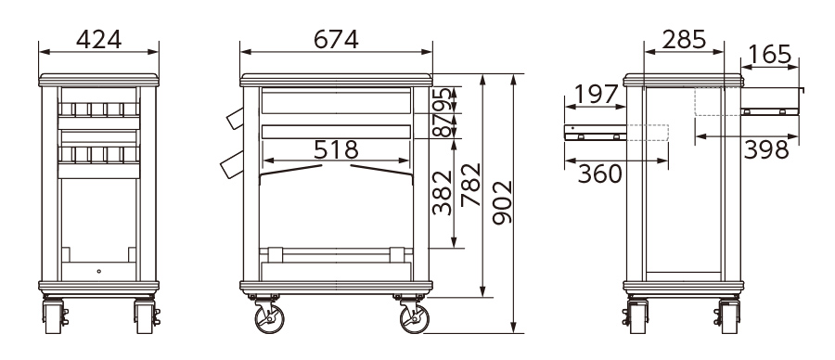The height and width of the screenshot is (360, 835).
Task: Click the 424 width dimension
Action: pyautogui.click(x=99, y=39)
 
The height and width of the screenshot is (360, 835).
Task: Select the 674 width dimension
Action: pyautogui.click(x=336, y=39)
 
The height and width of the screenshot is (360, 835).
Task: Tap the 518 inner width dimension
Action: pyautogui.click(x=336, y=150)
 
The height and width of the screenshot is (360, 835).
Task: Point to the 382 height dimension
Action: pyautogui.click(x=442, y=192)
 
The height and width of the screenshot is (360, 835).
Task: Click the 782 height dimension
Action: pyautogui.click(x=470, y=185)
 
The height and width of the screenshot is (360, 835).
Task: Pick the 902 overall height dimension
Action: pyautogui.click(x=502, y=202)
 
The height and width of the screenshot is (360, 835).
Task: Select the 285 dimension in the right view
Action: pyautogui.click(x=684, y=39)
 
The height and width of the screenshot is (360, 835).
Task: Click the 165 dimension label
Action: pyautogui.click(x=769, y=55)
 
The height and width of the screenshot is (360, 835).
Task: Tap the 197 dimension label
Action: pyautogui.click(x=596, y=95)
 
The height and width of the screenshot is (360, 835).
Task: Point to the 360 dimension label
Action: pyautogui.click(x=599, y=174)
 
